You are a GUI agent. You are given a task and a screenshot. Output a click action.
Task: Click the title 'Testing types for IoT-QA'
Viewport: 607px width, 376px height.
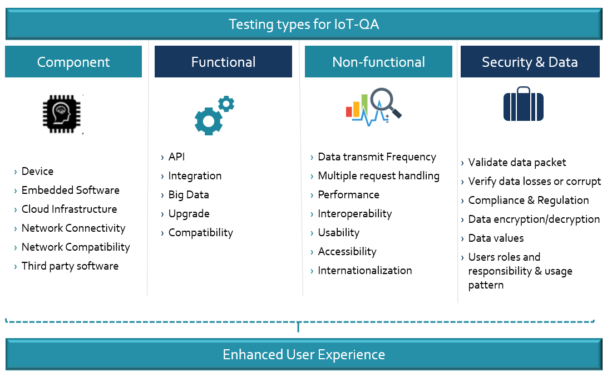tap(304, 25)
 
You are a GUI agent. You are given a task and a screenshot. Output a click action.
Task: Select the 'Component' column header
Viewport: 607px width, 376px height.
tap(73, 62)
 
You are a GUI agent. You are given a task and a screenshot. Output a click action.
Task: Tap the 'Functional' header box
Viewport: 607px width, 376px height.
tap(223, 62)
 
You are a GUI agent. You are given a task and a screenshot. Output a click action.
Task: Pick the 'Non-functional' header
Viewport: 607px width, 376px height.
tap(378, 62)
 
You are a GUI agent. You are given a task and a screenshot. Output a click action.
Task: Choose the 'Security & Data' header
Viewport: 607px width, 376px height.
tap(530, 62)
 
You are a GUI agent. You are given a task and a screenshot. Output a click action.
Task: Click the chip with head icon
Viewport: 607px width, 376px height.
tap(63, 114)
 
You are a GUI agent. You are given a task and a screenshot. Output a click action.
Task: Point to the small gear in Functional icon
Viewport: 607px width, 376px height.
tap(226, 104)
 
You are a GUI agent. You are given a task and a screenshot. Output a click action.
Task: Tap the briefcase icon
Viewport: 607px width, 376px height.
tap(523, 104)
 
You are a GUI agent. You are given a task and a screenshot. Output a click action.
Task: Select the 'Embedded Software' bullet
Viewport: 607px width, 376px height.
tap(70, 191)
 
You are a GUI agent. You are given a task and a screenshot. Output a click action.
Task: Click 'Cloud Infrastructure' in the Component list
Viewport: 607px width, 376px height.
tap(69, 209)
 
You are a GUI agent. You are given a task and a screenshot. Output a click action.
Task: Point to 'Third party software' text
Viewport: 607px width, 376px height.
tap(70, 266)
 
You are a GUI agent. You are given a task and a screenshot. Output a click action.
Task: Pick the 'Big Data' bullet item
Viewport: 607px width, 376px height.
tap(189, 195)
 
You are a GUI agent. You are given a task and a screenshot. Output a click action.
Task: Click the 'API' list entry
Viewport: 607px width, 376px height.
tap(176, 157)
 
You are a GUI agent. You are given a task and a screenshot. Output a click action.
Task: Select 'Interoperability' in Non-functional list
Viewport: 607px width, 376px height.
tap(354, 214)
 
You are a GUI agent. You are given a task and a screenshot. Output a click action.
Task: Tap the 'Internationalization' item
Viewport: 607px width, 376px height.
tap(364, 271)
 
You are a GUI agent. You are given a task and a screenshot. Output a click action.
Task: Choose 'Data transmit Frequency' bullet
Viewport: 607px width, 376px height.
tap(377, 157)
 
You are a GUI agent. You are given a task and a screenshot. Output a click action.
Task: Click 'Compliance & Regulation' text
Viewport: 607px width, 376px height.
tap(528, 201)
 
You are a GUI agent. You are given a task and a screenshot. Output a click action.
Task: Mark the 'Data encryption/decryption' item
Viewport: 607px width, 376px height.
tap(534, 219)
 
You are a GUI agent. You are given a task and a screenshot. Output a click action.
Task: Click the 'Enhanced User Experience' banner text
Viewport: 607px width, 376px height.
tap(304, 355)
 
